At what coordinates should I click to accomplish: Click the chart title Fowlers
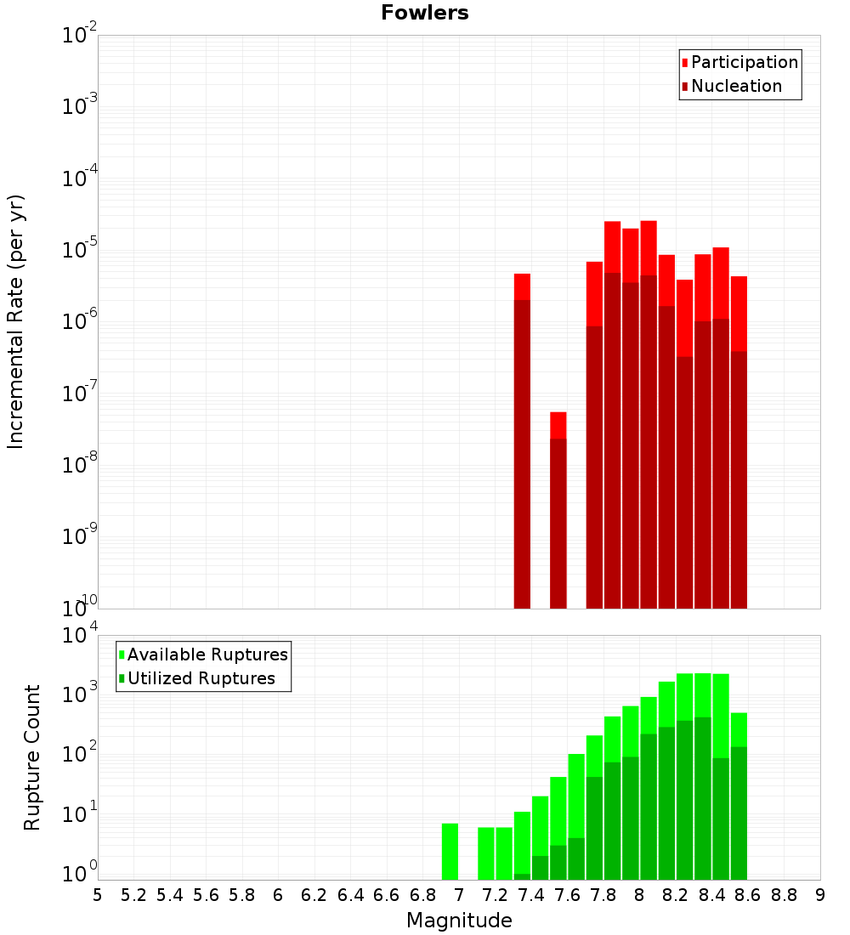tap(424, 13)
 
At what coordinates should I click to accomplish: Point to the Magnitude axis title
tap(459, 921)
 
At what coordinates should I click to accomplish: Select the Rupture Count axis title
tap(32, 756)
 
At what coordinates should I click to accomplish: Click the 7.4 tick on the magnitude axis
tap(530, 895)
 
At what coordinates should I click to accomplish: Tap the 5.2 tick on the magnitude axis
tap(133, 895)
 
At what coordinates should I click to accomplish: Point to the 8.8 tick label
tap(784, 895)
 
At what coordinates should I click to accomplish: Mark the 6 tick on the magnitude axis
tap(278, 895)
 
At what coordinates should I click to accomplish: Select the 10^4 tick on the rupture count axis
tap(78, 636)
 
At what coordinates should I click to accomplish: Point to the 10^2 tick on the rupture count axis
tap(78, 754)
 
